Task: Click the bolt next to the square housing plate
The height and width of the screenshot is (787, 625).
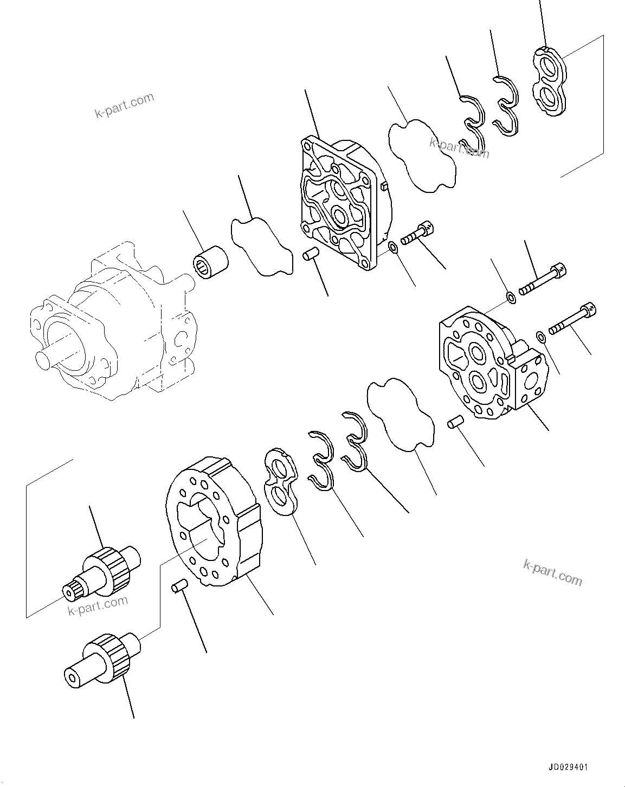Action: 417,234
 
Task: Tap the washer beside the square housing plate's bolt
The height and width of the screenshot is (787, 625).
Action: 394,248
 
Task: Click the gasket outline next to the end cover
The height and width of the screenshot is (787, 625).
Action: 401,415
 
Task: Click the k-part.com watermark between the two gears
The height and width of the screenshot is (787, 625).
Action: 98,605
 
